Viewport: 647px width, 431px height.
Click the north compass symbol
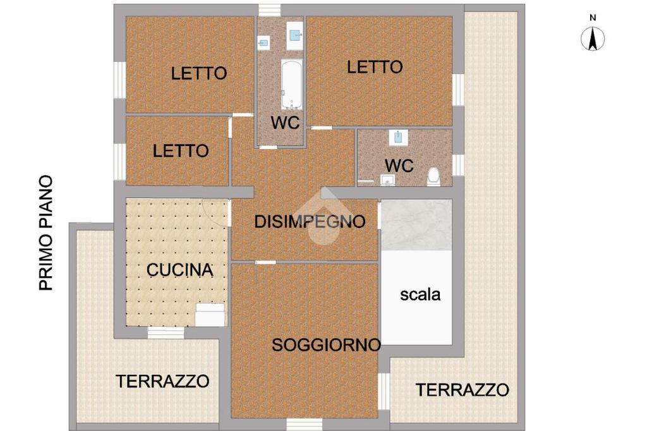(593, 39)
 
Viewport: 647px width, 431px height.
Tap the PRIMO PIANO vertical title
(46, 233)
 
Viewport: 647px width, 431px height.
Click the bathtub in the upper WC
(292, 84)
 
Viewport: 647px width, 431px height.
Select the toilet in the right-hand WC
(433, 177)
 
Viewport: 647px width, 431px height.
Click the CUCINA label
(180, 270)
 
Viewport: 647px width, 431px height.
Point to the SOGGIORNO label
(326, 345)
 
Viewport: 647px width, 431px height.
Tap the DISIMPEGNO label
(310, 222)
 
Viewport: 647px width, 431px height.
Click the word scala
(420, 294)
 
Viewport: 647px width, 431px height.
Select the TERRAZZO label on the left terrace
(162, 381)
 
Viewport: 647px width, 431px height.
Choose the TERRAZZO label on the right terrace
(462, 390)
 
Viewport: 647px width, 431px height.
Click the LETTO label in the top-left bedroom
(199, 73)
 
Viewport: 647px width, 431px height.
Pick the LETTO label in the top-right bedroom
(375, 67)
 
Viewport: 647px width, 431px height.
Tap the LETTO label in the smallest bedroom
(181, 151)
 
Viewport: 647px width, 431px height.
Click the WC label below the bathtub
(285, 123)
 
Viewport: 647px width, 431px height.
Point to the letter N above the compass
(593, 18)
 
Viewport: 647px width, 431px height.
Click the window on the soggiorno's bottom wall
(304, 425)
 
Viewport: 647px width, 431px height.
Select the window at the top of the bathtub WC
(269, 10)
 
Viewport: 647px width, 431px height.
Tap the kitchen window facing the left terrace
(166, 332)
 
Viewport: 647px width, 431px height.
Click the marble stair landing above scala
(416, 224)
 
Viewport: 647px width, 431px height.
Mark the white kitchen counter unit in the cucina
(210, 315)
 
